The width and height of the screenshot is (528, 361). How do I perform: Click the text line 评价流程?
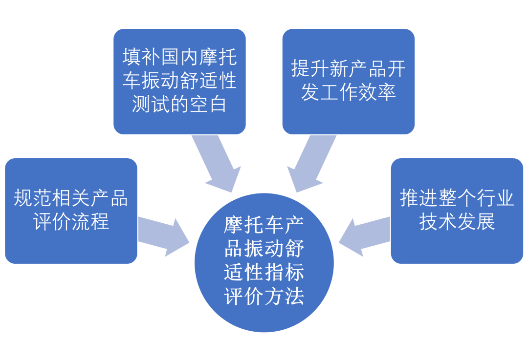pos(71,222)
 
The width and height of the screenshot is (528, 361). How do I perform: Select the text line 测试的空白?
pos(179,104)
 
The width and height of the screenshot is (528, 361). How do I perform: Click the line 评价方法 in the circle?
pos(264,296)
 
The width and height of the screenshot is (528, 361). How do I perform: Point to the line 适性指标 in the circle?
pos(264,272)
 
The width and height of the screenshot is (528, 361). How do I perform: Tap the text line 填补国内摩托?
pos(179,57)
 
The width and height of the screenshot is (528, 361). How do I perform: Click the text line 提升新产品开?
pos(348,69)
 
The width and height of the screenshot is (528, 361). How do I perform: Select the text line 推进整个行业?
pos(457,198)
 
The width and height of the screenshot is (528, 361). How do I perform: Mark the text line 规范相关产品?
pos(71,199)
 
